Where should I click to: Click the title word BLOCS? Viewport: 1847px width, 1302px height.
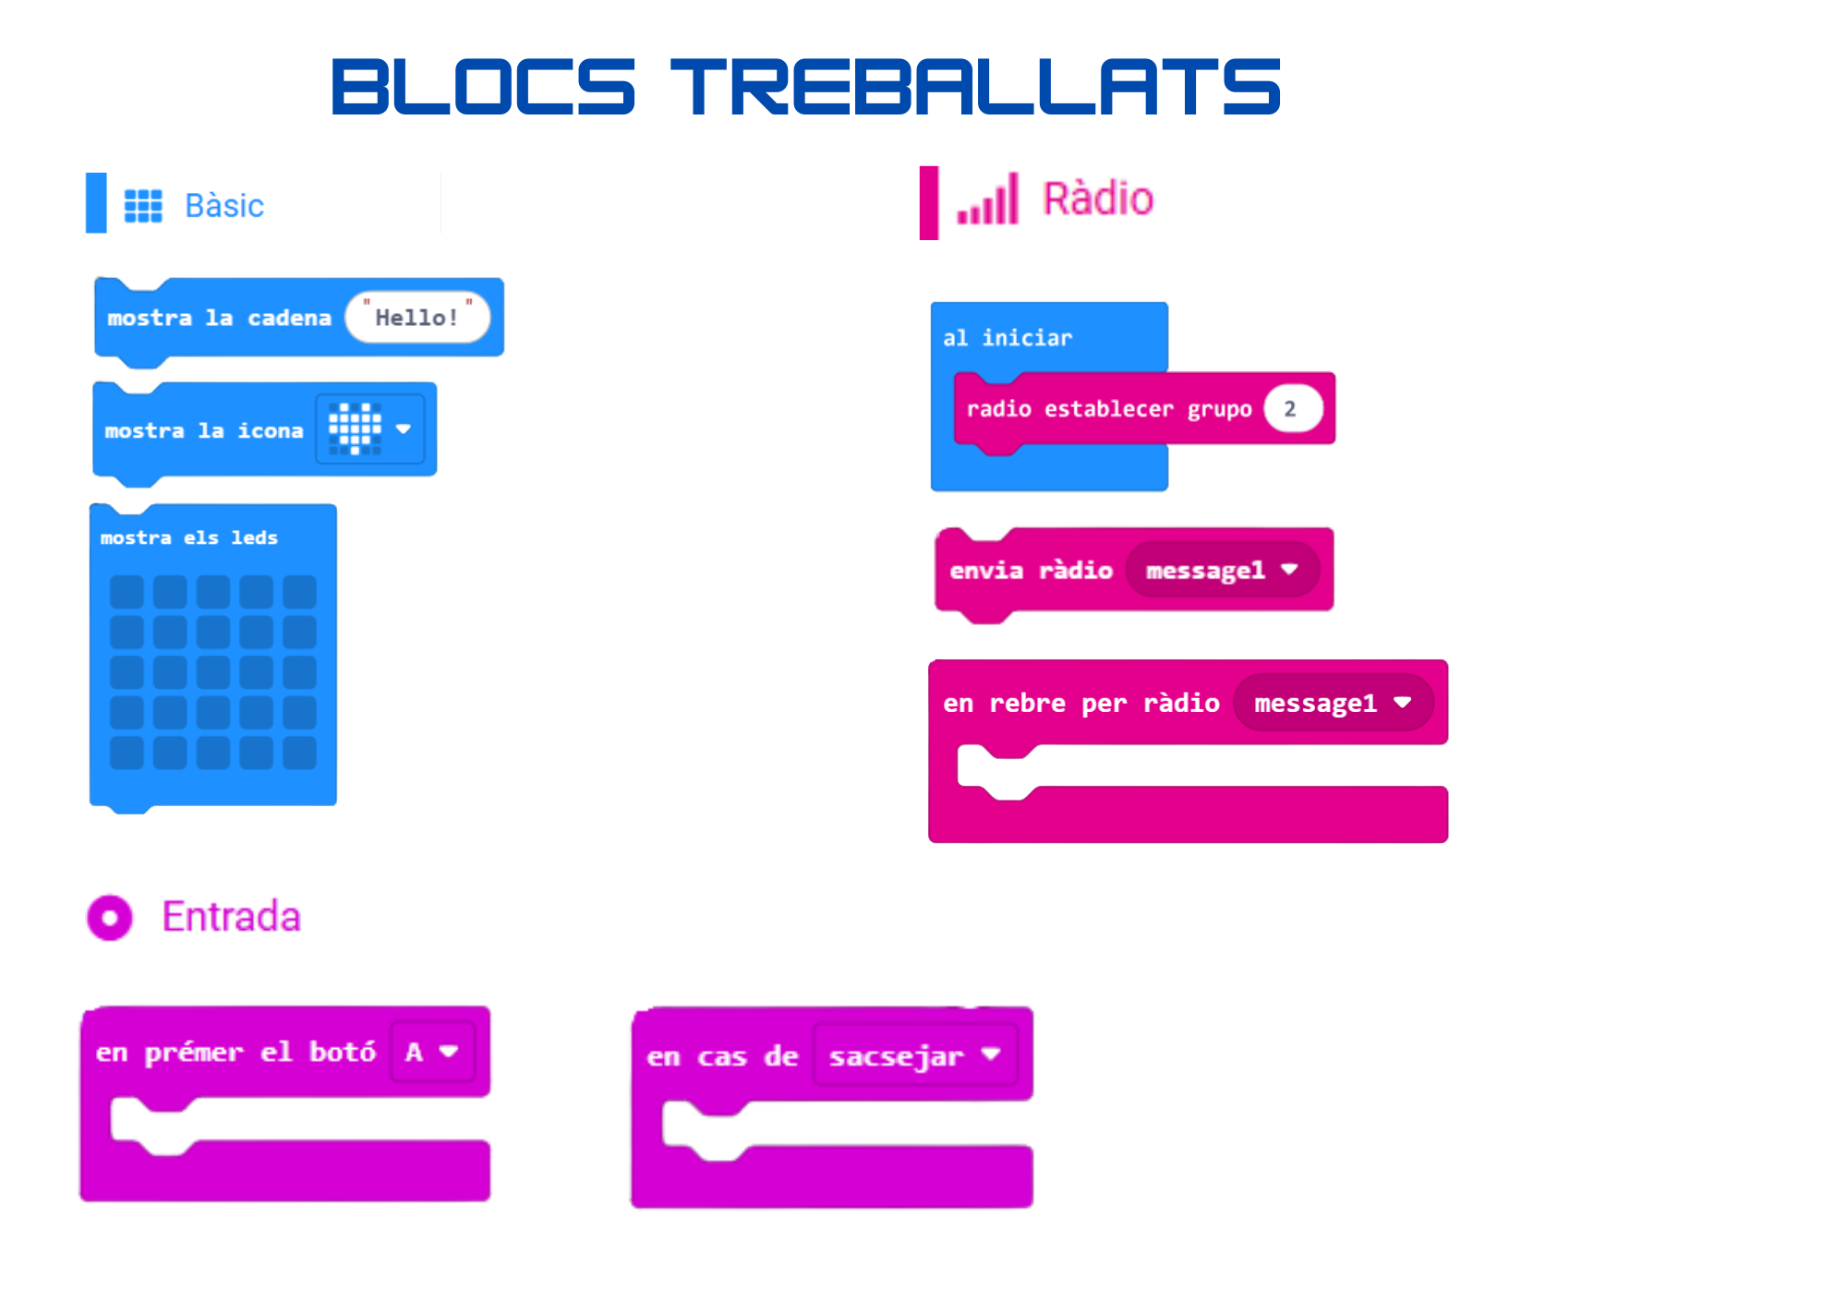point(483,87)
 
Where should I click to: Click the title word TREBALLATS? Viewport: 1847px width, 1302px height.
point(975,87)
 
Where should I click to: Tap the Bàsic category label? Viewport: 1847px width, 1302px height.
point(224,206)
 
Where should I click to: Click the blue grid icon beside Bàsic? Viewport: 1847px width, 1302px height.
point(143,206)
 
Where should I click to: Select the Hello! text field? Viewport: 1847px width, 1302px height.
point(417,318)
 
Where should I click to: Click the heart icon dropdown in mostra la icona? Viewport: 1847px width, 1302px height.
point(369,429)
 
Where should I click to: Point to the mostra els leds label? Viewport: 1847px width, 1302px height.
point(189,537)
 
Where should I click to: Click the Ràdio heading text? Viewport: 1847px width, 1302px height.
point(1098,199)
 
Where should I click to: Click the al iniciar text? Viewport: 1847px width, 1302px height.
point(1008,338)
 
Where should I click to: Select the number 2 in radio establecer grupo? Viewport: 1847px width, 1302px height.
point(1291,409)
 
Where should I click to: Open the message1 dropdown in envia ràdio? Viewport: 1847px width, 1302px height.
point(1221,571)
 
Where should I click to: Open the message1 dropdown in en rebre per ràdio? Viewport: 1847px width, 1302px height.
point(1332,704)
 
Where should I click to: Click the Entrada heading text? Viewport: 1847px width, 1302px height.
point(232,917)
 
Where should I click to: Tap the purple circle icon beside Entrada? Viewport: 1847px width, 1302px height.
point(110,918)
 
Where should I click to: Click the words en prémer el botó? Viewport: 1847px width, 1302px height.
point(235,1052)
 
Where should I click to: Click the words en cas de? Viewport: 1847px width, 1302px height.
point(722,1055)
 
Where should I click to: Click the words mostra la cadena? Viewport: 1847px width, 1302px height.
point(219,318)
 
